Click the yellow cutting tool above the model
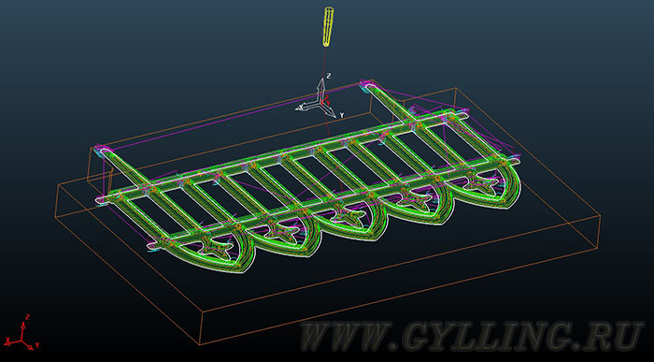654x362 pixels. coord(328,26)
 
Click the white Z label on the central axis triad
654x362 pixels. coord(329,76)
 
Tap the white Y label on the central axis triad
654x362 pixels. coord(342,115)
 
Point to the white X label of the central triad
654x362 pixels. coord(299,108)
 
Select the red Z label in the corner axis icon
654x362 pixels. coord(27,316)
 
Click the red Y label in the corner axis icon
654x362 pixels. coord(37,345)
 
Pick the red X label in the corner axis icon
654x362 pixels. coord(8,338)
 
